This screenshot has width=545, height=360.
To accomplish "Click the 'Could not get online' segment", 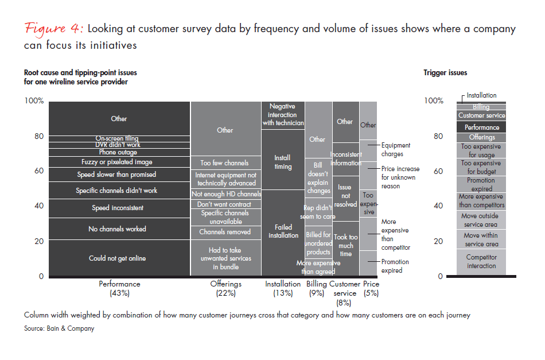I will point(117,258).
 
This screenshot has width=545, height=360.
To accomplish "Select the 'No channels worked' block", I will point(117,229).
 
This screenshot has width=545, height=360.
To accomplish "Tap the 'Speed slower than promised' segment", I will point(117,175).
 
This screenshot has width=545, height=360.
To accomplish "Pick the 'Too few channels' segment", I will point(225,163).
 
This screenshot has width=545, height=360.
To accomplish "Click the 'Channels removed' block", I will point(225,232).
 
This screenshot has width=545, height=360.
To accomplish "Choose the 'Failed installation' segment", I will point(283,231).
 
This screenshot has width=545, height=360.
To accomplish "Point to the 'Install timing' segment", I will point(283,162).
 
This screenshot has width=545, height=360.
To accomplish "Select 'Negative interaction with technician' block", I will point(283,115).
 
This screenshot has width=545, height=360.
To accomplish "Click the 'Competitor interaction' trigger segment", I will point(481,262).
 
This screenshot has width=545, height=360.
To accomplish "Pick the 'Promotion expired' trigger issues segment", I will point(481,184).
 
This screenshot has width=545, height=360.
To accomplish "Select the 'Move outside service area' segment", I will point(481,220).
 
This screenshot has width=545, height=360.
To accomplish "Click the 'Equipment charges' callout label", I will point(395,150).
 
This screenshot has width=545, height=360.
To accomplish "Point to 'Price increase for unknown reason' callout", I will point(400,177).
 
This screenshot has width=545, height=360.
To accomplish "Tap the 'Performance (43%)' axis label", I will point(119,288).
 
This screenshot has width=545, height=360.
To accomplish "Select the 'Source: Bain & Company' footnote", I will point(59,328).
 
